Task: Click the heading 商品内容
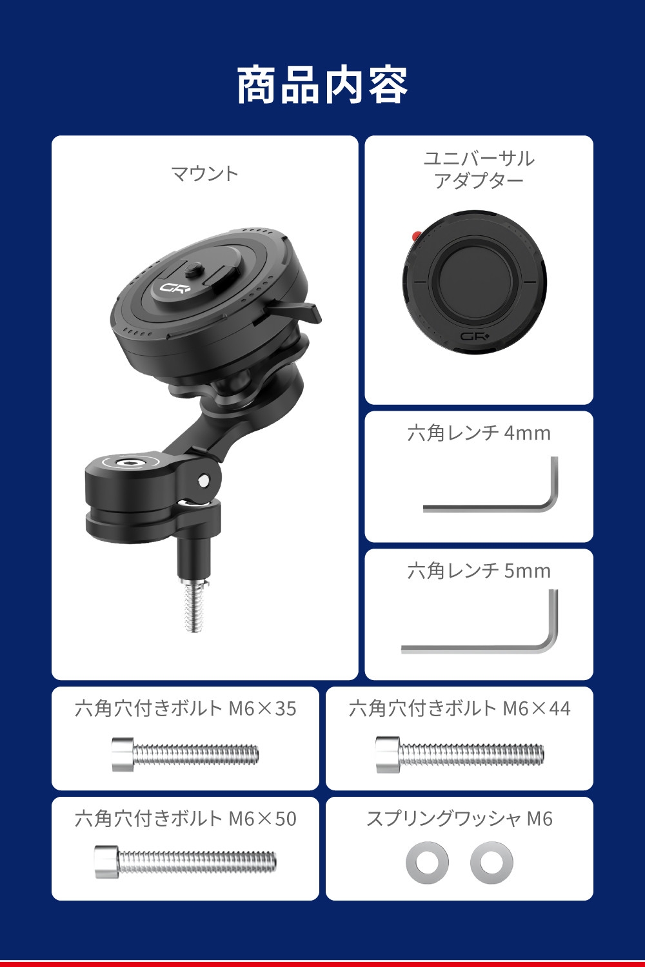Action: coord(322,84)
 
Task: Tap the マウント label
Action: coord(204,173)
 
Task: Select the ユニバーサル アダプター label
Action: coord(479,170)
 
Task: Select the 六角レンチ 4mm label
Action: coord(479,433)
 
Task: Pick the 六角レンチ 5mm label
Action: coord(479,571)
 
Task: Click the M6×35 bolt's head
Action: coord(123,754)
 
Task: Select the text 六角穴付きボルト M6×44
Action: coord(459,708)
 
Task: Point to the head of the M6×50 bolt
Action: coord(106,862)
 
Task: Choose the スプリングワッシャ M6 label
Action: coord(459,819)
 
